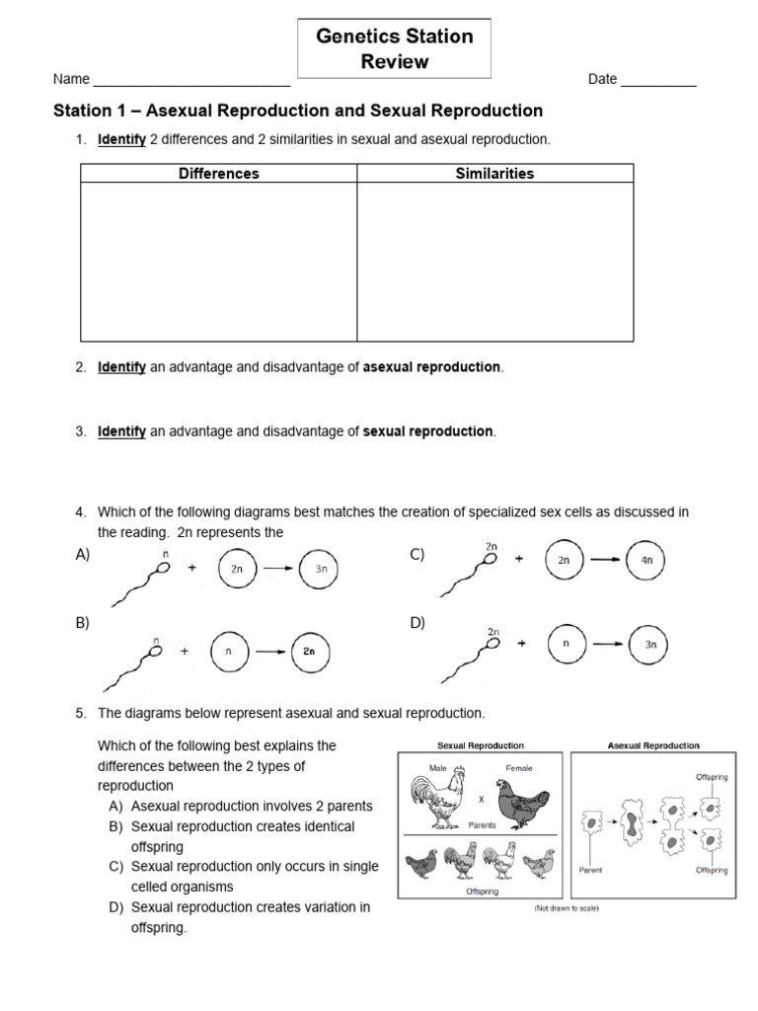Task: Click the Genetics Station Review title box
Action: tap(394, 49)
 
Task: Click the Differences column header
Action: tap(218, 174)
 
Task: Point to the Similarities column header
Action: tap(494, 174)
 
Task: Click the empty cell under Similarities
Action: tap(494, 263)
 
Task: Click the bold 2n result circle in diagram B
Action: tap(309, 652)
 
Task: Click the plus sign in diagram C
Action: tap(518, 559)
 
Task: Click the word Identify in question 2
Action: tap(121, 367)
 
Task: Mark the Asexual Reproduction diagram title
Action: tap(653, 745)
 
